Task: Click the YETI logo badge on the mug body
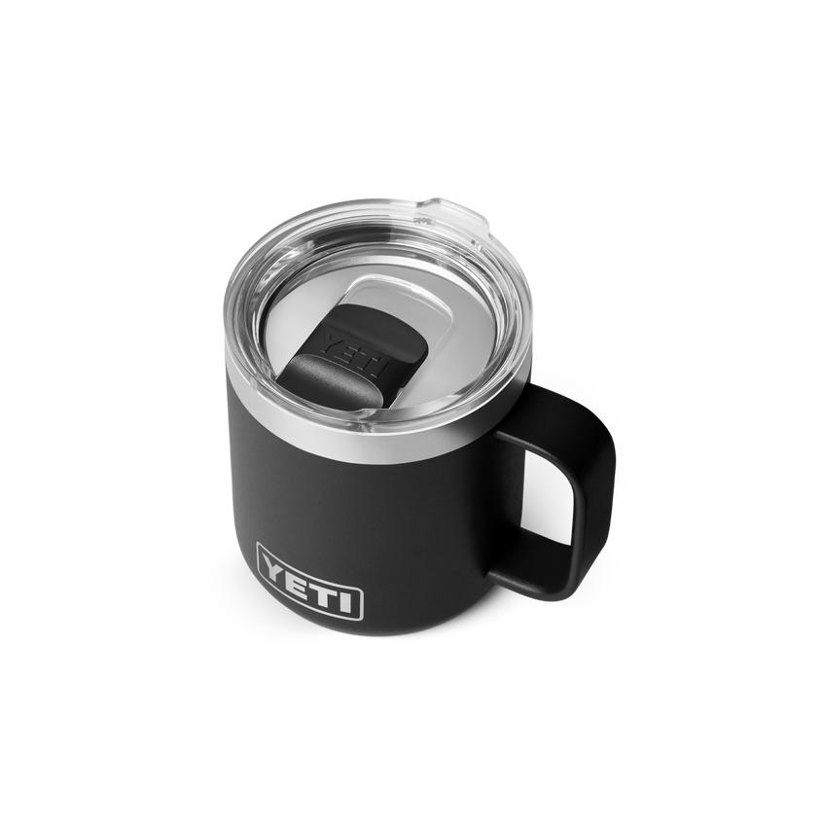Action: [x=309, y=582]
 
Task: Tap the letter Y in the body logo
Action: [x=275, y=564]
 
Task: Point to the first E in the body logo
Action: [x=298, y=575]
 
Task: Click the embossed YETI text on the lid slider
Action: [x=354, y=356]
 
